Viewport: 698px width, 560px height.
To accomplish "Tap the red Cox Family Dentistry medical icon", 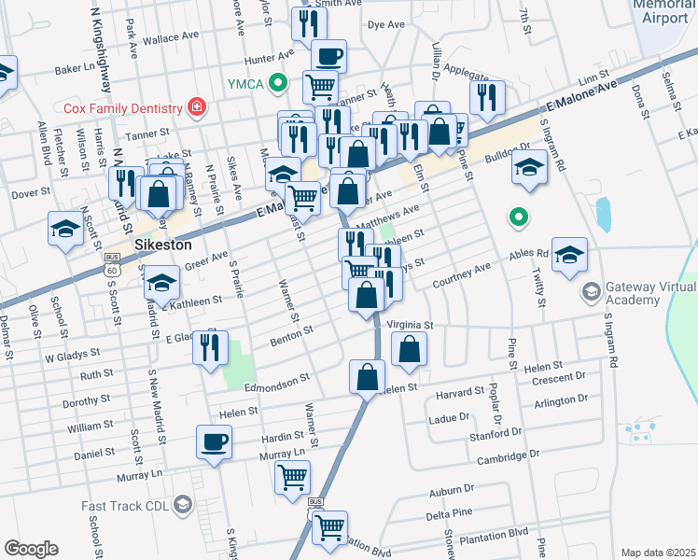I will (196, 107).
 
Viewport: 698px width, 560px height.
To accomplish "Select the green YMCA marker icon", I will (277, 83).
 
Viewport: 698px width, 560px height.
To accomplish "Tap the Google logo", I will (31, 549).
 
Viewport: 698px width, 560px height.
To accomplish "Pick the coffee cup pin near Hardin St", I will (214, 442).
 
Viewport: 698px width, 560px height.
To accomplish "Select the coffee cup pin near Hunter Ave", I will (328, 56).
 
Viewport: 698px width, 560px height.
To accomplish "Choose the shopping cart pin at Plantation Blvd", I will (329, 527).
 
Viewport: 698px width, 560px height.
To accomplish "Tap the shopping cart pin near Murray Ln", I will (292, 477).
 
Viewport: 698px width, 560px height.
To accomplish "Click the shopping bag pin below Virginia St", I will (409, 350).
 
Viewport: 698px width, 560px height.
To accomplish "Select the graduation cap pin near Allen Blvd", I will (66, 229).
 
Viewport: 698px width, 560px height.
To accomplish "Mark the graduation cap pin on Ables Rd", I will (569, 255).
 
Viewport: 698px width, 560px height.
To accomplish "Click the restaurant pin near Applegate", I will (487, 96).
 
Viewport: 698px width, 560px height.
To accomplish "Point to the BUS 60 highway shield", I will (112, 264).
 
